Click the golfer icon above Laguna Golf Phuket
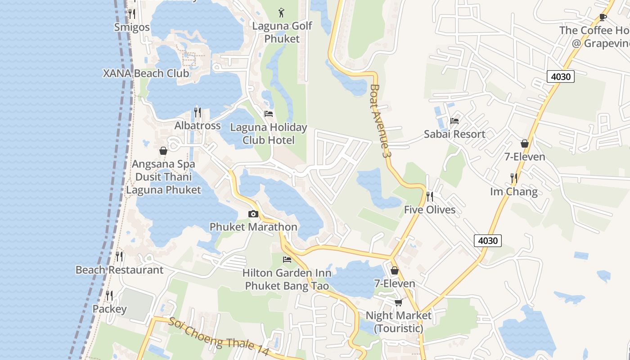(x=282, y=13)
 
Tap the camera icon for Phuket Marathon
(x=253, y=214)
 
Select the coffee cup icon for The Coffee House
(x=603, y=17)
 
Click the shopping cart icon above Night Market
(x=398, y=302)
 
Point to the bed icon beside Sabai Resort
(x=454, y=121)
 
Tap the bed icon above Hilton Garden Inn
(x=287, y=259)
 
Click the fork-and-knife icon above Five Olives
(x=429, y=196)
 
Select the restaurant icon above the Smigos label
(x=131, y=13)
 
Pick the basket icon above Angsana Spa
(x=163, y=151)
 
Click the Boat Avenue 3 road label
(x=379, y=121)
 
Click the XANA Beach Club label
(x=146, y=73)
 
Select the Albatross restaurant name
(x=198, y=126)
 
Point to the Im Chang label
(x=513, y=192)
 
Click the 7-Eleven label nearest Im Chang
(x=525, y=157)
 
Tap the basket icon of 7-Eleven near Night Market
(x=395, y=270)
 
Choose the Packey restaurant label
(x=109, y=309)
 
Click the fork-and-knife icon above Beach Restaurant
(x=119, y=256)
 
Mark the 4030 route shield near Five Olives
(x=488, y=241)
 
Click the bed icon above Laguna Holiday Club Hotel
(x=269, y=114)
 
